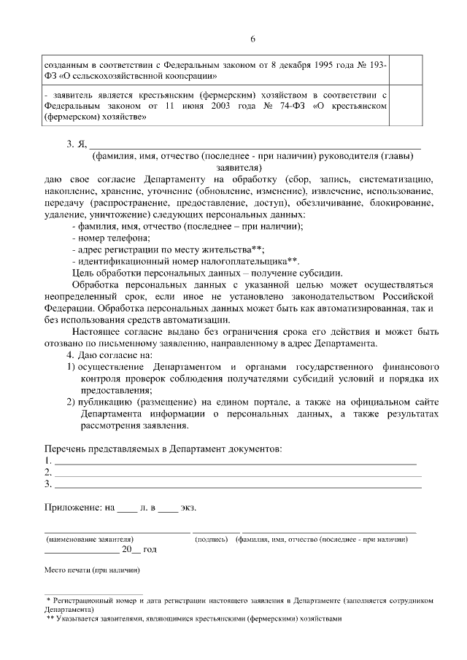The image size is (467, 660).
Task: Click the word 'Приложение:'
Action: [x=70, y=507]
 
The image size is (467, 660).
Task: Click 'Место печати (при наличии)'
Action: [x=91, y=570]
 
